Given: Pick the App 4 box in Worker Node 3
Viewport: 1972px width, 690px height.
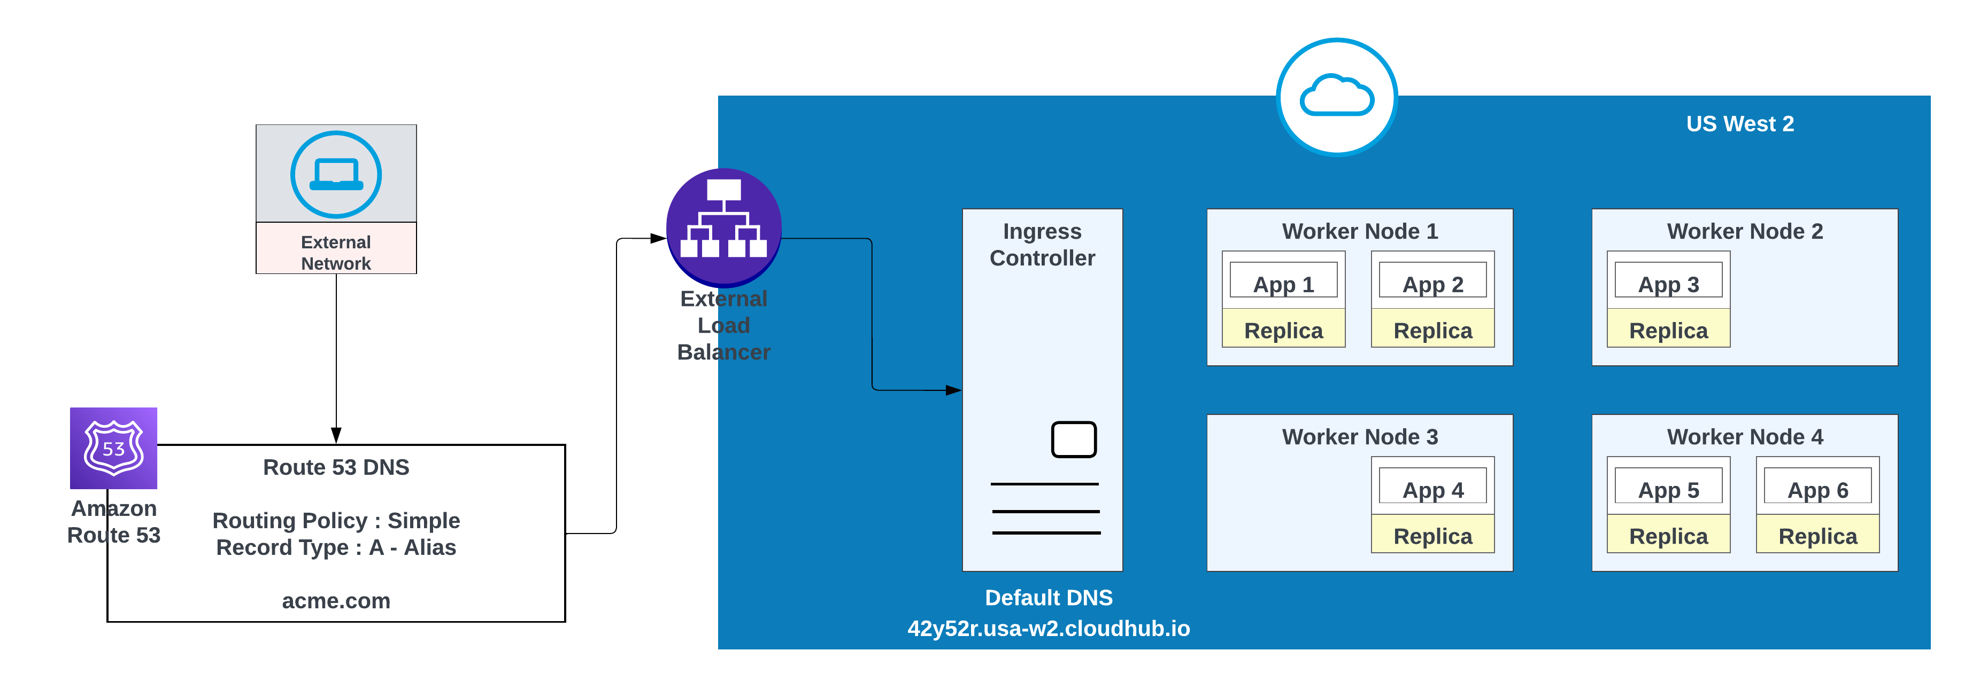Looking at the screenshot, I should pos(1432,487).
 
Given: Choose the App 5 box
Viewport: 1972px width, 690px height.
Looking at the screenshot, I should pos(1668,487).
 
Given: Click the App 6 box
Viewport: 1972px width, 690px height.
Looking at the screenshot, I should pos(1817,487).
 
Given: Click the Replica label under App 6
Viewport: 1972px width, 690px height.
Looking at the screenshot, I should pos(1817,536).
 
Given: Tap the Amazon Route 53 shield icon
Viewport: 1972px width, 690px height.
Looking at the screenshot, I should pos(113,448).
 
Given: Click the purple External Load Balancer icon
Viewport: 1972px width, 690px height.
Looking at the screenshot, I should pos(723,226).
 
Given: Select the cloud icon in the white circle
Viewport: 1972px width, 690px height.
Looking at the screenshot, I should pos(1337,96).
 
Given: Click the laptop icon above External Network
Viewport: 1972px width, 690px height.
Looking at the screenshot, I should pos(336,175).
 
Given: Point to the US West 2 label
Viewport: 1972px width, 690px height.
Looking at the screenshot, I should pos(1739,124).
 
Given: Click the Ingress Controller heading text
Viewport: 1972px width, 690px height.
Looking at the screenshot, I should pos(1042,245).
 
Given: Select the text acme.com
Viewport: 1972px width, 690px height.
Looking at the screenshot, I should pos(336,600).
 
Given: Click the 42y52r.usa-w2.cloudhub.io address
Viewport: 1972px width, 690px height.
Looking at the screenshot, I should pos(1048,628).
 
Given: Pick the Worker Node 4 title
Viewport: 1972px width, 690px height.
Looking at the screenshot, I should pos(1745,437).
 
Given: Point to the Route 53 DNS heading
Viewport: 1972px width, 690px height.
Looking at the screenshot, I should pos(336,467).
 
